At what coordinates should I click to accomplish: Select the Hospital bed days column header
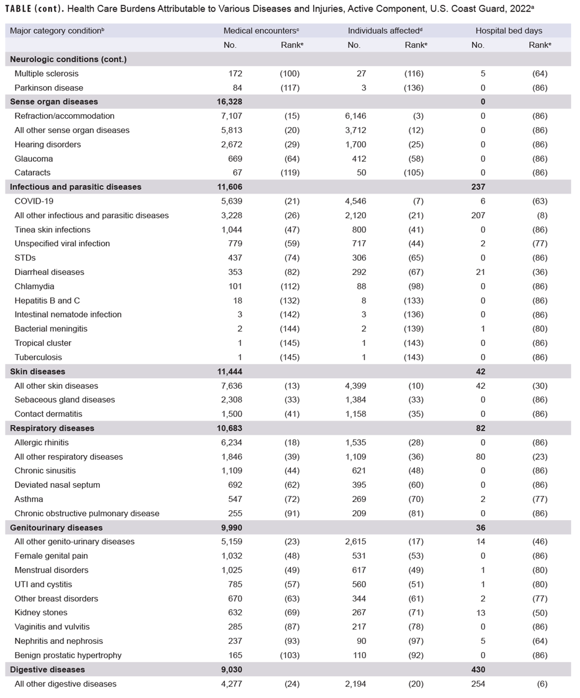coord(508,31)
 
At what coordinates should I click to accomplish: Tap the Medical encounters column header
coord(261,31)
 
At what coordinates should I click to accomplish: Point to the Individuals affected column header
coord(384,31)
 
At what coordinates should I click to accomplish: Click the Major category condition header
coord(56,31)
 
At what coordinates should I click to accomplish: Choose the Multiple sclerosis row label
coord(46,73)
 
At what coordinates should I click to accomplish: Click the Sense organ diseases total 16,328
coord(229,102)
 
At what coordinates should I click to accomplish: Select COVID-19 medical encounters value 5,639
coord(231,201)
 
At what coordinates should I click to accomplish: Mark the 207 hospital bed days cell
coord(478,215)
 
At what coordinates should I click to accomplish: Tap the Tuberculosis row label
coord(38,357)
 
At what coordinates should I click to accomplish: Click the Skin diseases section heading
coord(38,372)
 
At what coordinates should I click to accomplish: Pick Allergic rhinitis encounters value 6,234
coord(231,442)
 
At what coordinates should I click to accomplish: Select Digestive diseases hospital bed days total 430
coord(478,669)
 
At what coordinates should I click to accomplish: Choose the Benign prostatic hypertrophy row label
coord(68,655)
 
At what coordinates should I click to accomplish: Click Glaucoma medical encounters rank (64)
coord(290,158)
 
